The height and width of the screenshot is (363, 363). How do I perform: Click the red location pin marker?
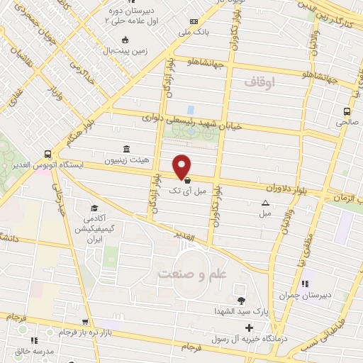tap(182, 167)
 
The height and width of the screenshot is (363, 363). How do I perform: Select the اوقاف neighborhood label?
tap(259, 83)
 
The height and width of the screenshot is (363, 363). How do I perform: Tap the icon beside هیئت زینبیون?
tap(126, 148)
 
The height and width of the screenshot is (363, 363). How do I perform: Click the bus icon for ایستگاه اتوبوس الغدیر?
tap(48, 153)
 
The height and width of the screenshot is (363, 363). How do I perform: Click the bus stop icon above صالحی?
tap(347, 111)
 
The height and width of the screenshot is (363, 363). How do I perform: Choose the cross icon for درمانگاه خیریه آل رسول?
tap(248, 328)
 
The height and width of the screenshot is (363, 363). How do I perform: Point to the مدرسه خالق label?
tap(33, 352)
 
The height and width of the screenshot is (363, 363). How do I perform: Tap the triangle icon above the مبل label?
tap(265, 203)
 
